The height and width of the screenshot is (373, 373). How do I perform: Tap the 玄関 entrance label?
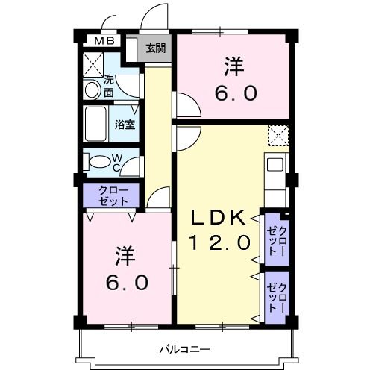pos(155,49)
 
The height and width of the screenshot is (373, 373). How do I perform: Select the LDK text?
pos(216,218)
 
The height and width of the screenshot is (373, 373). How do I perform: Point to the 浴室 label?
pos(125,125)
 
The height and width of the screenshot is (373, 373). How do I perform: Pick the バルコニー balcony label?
pos(184,348)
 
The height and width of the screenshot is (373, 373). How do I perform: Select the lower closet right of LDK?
pos(275,296)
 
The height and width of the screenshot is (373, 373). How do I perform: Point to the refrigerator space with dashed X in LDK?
pos(278,134)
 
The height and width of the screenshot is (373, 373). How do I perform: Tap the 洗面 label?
pos(109,86)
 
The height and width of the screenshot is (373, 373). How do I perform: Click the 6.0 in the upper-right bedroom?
pos(238,93)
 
